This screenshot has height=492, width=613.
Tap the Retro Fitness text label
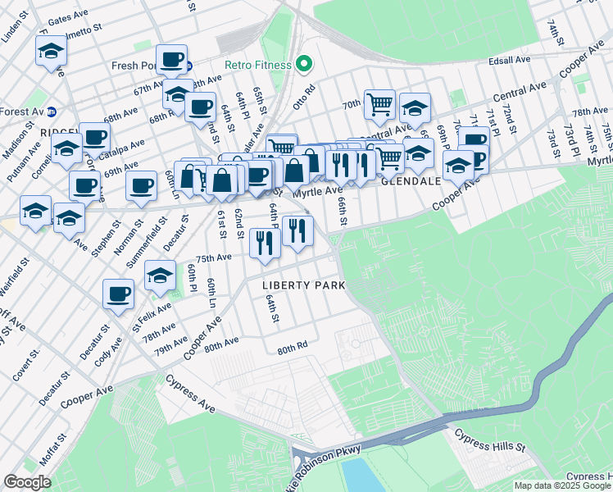[x=259, y=65]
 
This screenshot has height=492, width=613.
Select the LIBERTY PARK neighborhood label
[x=303, y=285]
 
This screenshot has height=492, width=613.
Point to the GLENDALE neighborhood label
[x=414, y=181]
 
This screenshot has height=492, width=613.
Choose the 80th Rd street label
[x=292, y=348]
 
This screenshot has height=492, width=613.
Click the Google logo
[x=27, y=482]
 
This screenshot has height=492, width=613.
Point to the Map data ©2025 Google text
[x=563, y=485]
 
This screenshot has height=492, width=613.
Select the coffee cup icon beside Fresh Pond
[x=172, y=59]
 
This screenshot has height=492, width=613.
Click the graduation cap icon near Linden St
[x=51, y=52]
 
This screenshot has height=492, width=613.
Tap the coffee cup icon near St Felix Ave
[x=118, y=293]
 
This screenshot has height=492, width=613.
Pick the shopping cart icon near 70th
[x=379, y=104]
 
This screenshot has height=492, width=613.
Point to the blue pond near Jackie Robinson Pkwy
[x=355, y=475]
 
